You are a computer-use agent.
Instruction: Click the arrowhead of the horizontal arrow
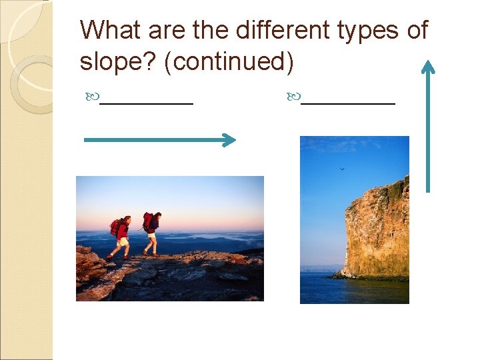click(229, 139)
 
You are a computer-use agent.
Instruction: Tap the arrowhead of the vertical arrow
click(428, 66)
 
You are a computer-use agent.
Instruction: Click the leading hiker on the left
click(121, 237)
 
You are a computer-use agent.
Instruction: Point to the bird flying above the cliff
click(342, 169)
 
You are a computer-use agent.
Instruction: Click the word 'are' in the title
click(161, 31)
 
